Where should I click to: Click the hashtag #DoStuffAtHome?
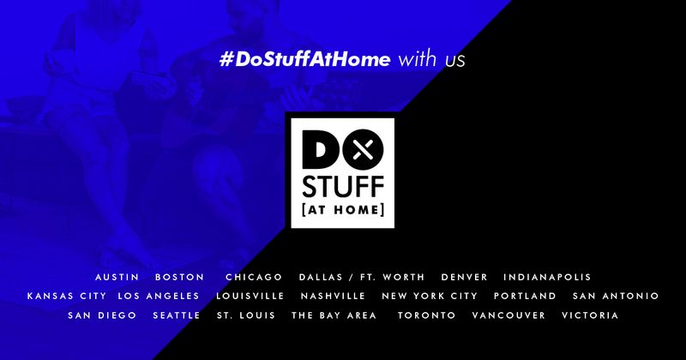click(305, 59)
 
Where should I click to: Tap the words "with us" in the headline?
click(431, 59)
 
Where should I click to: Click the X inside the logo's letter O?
click(363, 150)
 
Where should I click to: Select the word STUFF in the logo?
click(343, 187)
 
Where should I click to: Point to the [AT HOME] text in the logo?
click(343, 210)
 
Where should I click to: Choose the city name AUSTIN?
click(117, 278)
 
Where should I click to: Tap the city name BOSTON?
click(180, 278)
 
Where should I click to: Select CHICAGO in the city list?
click(254, 278)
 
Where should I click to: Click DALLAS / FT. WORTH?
click(362, 278)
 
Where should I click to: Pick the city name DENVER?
click(464, 278)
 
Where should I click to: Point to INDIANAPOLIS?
click(547, 278)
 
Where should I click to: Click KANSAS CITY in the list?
click(67, 296)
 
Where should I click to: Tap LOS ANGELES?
click(159, 296)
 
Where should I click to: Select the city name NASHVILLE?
click(333, 296)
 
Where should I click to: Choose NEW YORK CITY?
click(430, 296)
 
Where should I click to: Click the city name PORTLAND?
click(525, 296)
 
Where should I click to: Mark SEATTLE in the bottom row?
click(177, 315)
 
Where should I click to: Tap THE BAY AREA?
click(334, 315)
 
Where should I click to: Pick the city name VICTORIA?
click(590, 315)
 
